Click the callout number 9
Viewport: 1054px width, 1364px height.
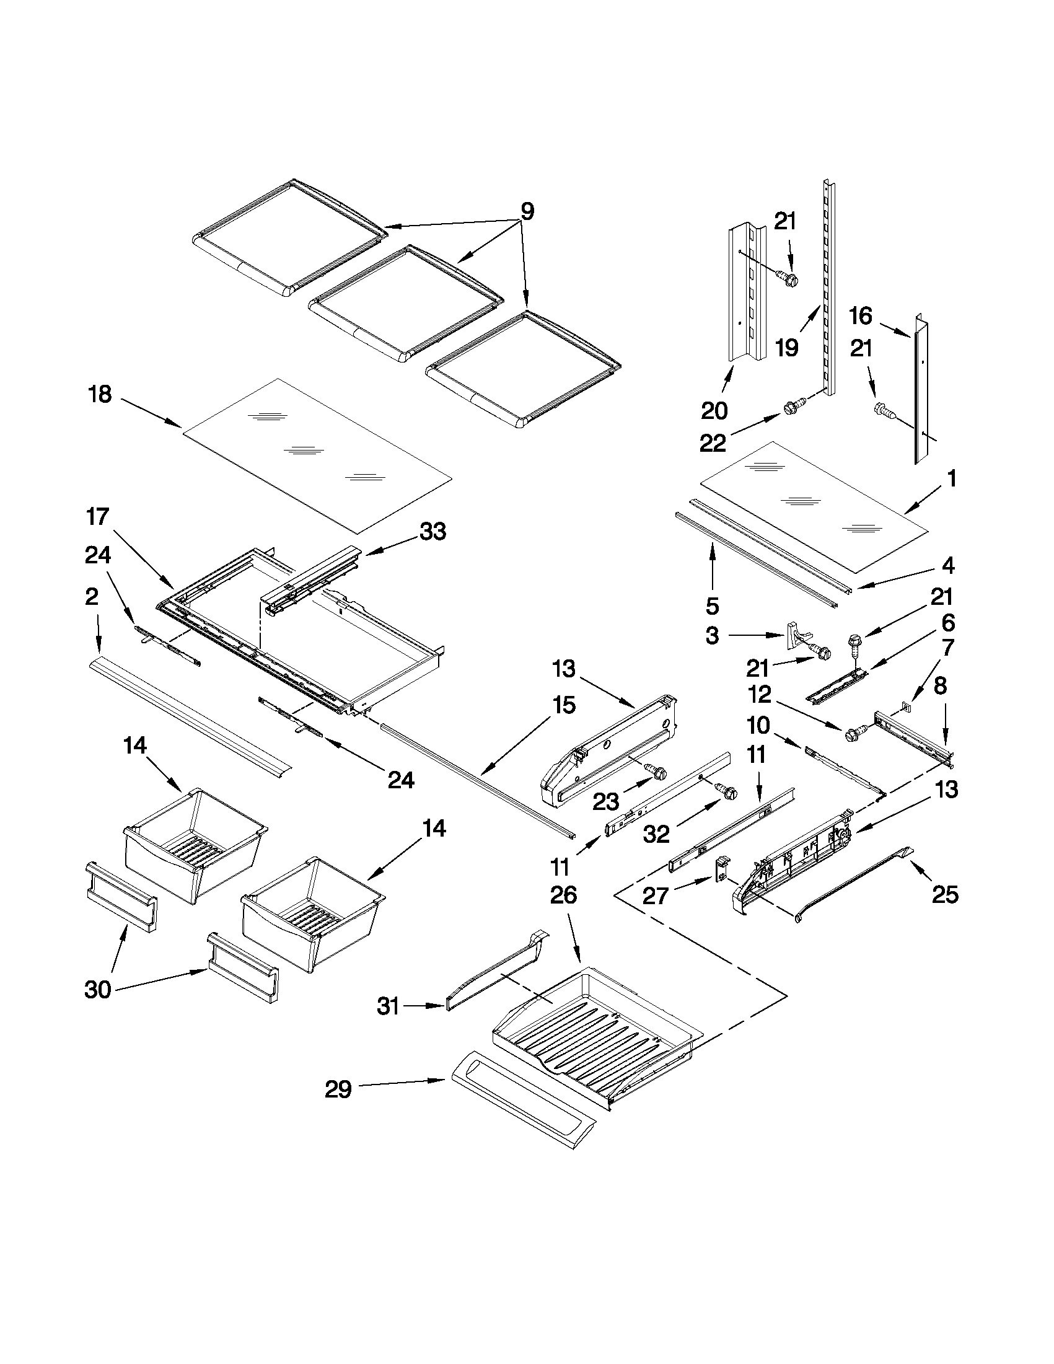[x=527, y=213]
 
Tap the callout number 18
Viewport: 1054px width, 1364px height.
[x=100, y=395]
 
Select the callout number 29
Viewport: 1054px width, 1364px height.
[x=338, y=1090]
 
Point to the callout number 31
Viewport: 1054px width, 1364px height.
[x=388, y=1006]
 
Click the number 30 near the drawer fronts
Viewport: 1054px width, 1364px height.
[x=98, y=990]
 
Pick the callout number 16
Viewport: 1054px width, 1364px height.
[x=861, y=316]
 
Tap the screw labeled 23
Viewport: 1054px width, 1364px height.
[x=657, y=773]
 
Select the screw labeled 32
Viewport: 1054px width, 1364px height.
[x=728, y=792]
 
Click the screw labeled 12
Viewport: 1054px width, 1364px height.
[x=854, y=734]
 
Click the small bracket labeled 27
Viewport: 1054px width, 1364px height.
[x=722, y=870]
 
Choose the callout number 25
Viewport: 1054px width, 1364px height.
[x=945, y=895]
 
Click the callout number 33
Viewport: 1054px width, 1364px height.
[x=433, y=532]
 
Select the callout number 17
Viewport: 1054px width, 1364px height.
[x=98, y=517]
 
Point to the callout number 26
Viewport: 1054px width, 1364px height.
[x=563, y=896]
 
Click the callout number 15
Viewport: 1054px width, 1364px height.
[x=563, y=706]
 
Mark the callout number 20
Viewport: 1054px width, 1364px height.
[x=714, y=411]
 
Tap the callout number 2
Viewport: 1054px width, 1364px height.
[x=91, y=596]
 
